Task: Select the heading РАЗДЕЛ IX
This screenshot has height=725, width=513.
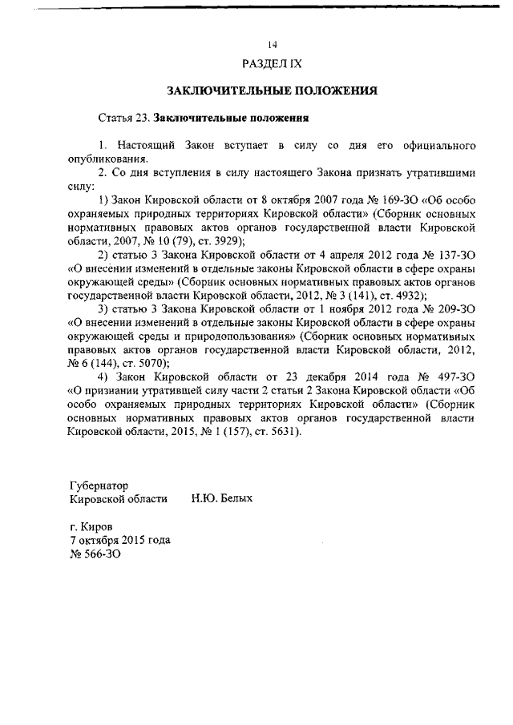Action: (x=272, y=62)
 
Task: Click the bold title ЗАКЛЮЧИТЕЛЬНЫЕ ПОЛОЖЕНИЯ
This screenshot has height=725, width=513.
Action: (x=272, y=91)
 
